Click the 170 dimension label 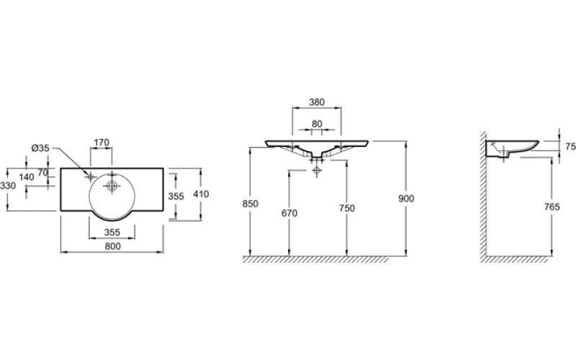point(102,142)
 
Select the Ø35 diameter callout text point(40,148)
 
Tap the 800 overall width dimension point(113,246)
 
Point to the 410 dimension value point(201,194)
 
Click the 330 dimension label point(8,186)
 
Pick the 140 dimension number point(27,177)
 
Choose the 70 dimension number point(42,172)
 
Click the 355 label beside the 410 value point(176,196)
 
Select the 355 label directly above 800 point(112,233)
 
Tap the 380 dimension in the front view point(317,102)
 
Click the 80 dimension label point(317,124)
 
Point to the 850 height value point(251,204)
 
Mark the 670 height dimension point(289,213)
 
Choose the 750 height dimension point(347,208)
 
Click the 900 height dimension point(406,199)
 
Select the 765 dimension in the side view point(552,207)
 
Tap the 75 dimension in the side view point(570,147)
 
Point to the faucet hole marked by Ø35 point(91,177)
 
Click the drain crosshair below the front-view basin point(316,170)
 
